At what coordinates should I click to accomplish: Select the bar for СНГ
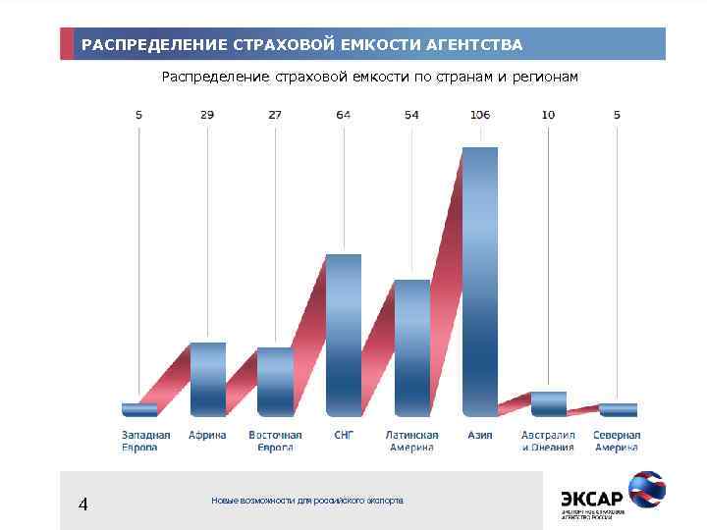point(344,334)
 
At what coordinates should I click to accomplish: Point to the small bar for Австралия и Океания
point(549,403)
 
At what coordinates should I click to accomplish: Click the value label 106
point(480,115)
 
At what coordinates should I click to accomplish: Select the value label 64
point(344,115)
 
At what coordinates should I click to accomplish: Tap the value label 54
point(412,115)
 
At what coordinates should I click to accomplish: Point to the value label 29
point(207,115)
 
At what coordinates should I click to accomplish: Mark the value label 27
point(275,115)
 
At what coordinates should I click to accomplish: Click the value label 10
point(548,115)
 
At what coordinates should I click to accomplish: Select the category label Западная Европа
point(146,441)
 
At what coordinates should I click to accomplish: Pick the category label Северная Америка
point(617,441)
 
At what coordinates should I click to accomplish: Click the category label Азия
point(480,435)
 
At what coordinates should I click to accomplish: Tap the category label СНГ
point(344,435)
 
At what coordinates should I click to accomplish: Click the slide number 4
point(83,504)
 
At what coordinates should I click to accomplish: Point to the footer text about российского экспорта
point(307,501)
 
